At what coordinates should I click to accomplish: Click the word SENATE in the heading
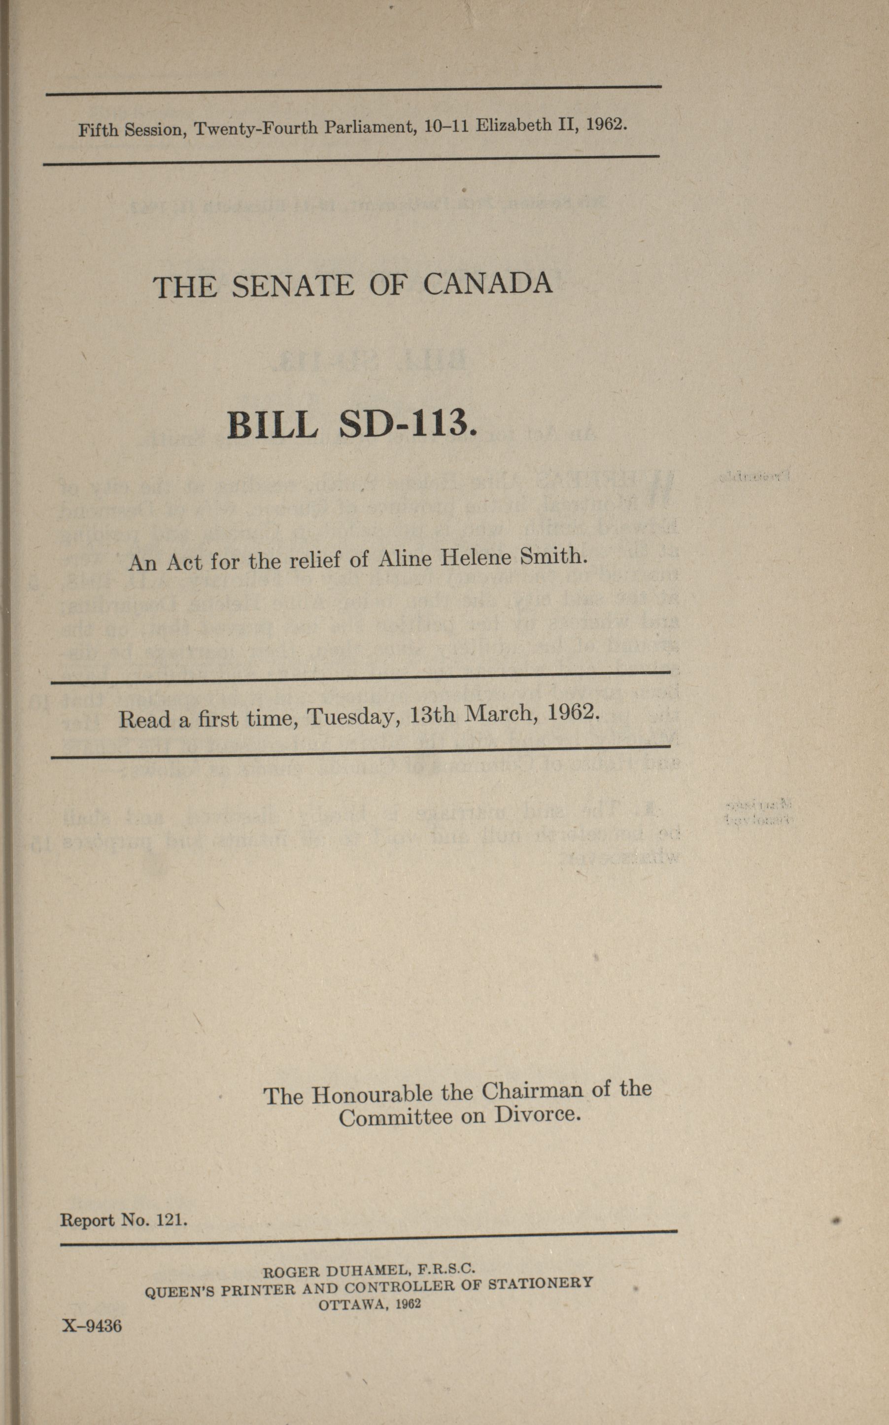tap(293, 286)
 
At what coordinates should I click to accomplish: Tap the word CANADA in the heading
tap(487, 283)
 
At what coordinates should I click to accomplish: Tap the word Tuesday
tap(353, 716)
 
